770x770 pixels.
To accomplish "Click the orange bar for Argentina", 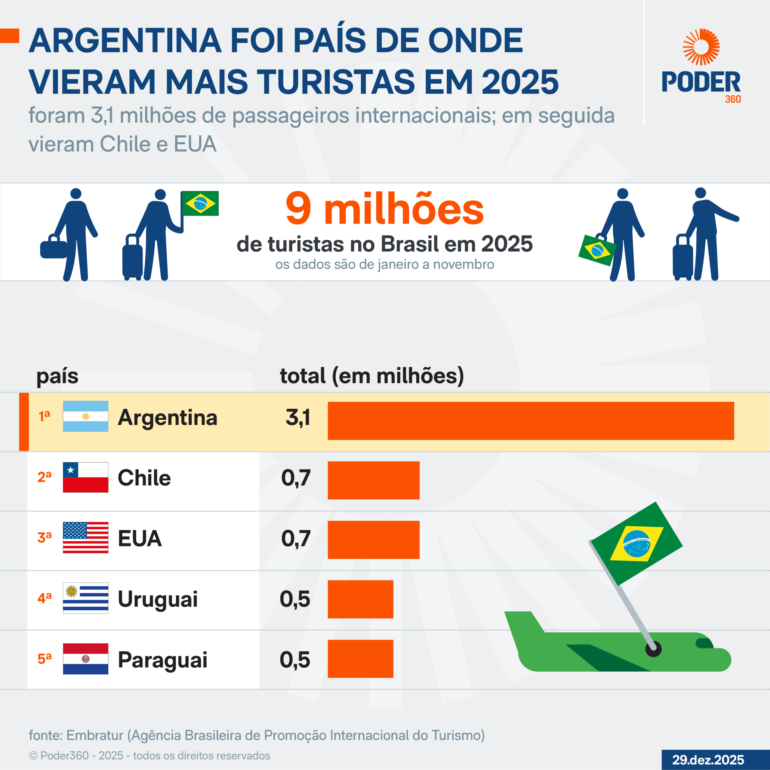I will tap(531, 421).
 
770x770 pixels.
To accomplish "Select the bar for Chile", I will tap(374, 480).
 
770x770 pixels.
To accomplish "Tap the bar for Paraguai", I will tap(360, 659).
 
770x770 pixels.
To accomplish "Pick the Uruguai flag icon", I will tap(85, 598).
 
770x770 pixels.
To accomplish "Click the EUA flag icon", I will tap(85, 537).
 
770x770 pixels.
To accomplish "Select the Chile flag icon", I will tap(85, 477).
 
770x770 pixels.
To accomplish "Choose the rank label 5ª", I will tap(44, 659).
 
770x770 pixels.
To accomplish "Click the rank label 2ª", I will tap(44, 477).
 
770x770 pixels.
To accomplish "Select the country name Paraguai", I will tap(162, 660).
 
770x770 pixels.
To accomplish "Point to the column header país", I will tap(57, 376).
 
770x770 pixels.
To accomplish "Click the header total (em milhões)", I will tap(372, 376).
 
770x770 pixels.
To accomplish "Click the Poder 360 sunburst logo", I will tap(701, 47).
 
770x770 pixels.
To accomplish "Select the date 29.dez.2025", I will tap(708, 760).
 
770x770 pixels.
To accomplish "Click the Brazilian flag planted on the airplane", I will tap(636, 544).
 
